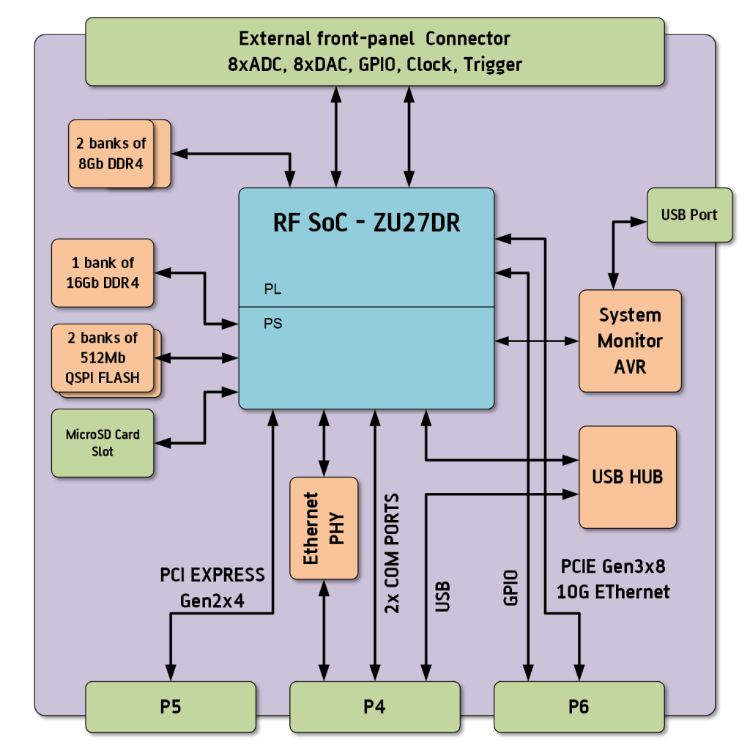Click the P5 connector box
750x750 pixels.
[171, 707]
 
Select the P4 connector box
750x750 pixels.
[374, 707]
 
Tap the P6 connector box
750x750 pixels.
[579, 707]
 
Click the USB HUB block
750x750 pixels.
[628, 477]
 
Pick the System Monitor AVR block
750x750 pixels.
[630, 341]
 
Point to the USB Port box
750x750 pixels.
[689, 215]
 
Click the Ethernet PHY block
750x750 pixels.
[324, 528]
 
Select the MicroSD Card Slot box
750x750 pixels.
[103, 443]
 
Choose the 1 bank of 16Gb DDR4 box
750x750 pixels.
[103, 272]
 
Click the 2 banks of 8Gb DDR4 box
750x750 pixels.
[112, 153]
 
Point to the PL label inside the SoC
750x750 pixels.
[272, 290]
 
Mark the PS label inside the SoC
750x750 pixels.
[272, 323]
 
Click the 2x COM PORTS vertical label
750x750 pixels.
[392, 553]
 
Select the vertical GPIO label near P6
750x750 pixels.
[511, 587]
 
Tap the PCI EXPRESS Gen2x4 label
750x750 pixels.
[212, 587]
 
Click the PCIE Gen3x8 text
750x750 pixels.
[612, 566]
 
